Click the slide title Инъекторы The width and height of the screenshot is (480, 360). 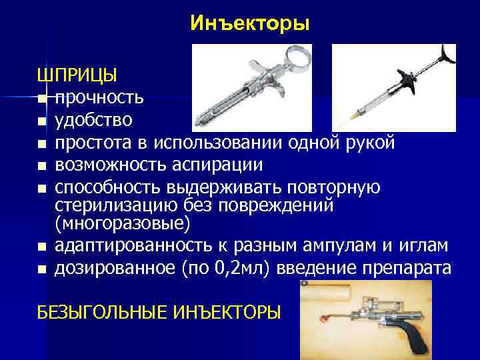coord(249,24)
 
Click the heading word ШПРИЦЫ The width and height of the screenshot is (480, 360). coord(77,74)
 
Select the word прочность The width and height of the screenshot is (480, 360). coord(99,98)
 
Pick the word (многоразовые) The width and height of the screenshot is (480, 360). coord(123,222)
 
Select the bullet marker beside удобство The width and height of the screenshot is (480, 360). coord(41,122)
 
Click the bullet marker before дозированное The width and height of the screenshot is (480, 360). coord(41,270)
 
